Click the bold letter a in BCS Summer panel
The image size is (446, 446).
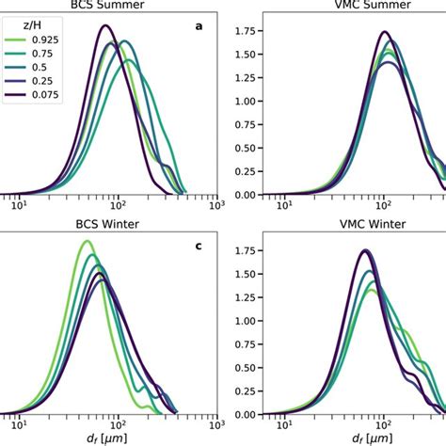(x=199, y=26)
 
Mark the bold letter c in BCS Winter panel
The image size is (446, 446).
(x=199, y=247)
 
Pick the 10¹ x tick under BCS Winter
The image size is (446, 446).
(x=16, y=427)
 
